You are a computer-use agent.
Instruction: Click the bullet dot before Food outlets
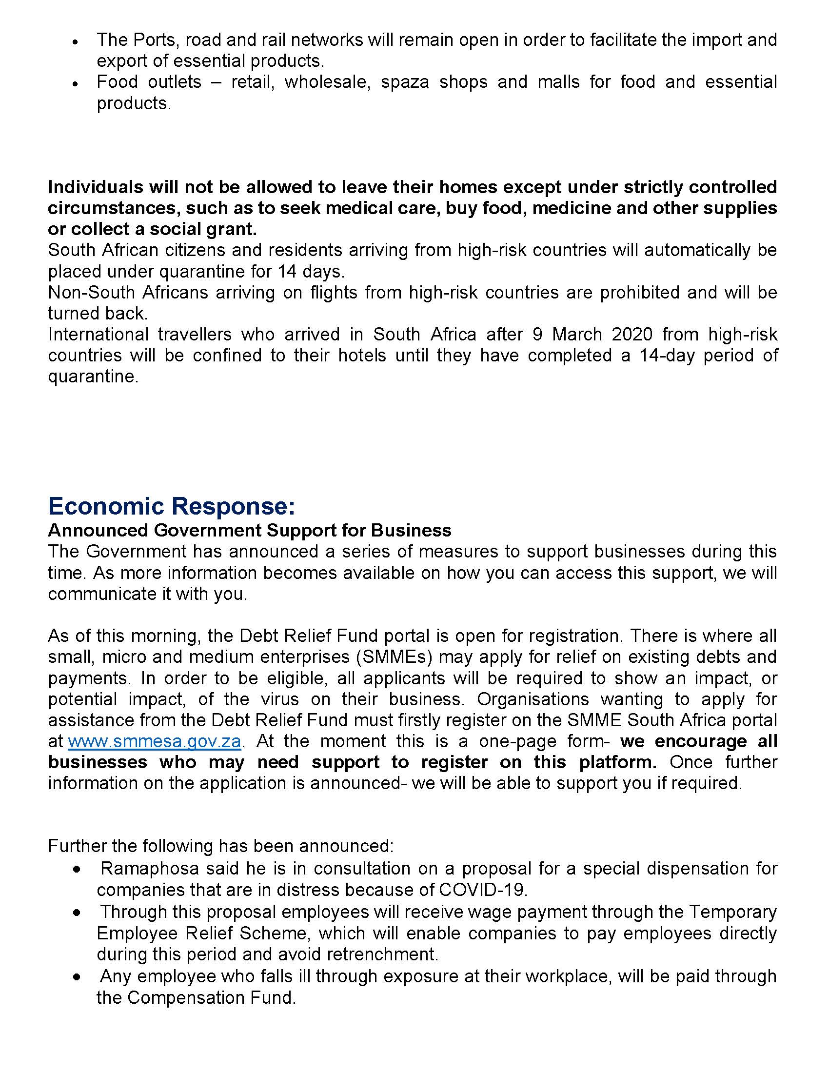click(x=75, y=84)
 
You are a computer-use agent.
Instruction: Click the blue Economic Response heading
click(x=171, y=506)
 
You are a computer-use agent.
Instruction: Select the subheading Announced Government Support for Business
click(x=250, y=531)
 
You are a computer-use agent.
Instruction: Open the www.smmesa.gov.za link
click(x=154, y=741)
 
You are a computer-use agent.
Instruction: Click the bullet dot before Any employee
click(x=77, y=979)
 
